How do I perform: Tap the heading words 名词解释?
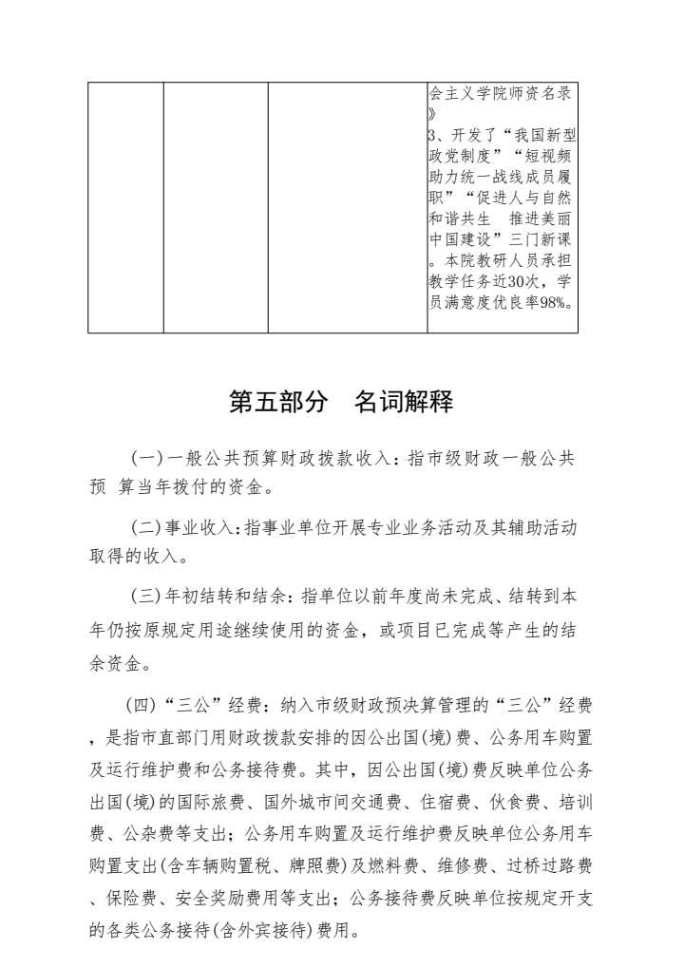point(404,403)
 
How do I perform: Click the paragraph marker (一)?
point(147,459)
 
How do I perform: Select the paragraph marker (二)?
point(147,526)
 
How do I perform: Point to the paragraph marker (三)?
point(147,598)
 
